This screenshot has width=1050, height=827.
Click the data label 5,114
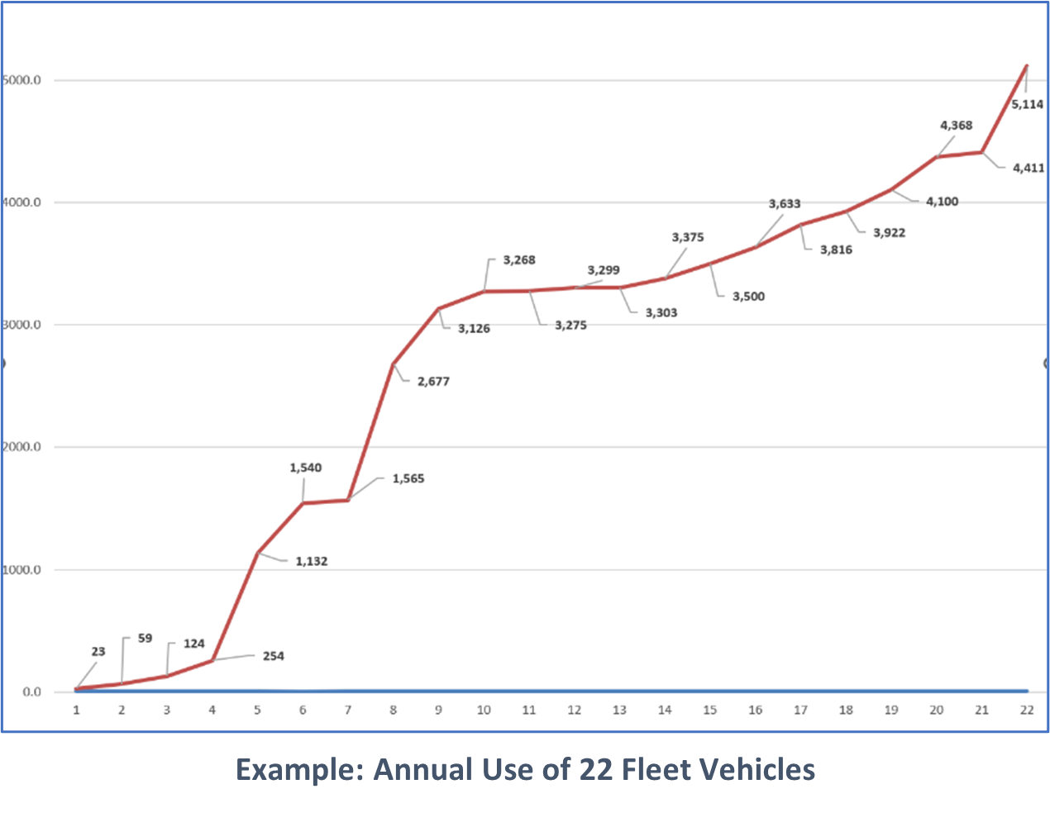1027,105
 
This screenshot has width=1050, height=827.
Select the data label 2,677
433,382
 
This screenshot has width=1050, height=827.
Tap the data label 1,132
312,562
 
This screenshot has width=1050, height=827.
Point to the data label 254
273,657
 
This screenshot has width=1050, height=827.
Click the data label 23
98,652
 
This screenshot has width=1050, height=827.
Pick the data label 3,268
519,260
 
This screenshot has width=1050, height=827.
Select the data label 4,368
956,126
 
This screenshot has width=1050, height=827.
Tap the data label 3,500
748,297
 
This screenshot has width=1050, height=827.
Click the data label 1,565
408,479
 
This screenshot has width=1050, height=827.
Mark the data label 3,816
836,250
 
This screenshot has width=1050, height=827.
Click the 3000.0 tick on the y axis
21,326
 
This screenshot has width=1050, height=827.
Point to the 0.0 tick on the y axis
31,692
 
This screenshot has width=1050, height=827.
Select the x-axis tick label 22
1026,711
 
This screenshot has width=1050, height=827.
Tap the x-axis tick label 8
393,711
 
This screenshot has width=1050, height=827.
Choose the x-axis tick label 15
709,711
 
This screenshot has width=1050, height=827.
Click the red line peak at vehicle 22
1026,65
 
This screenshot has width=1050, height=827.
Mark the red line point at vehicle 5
258,553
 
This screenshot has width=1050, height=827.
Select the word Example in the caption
299,770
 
